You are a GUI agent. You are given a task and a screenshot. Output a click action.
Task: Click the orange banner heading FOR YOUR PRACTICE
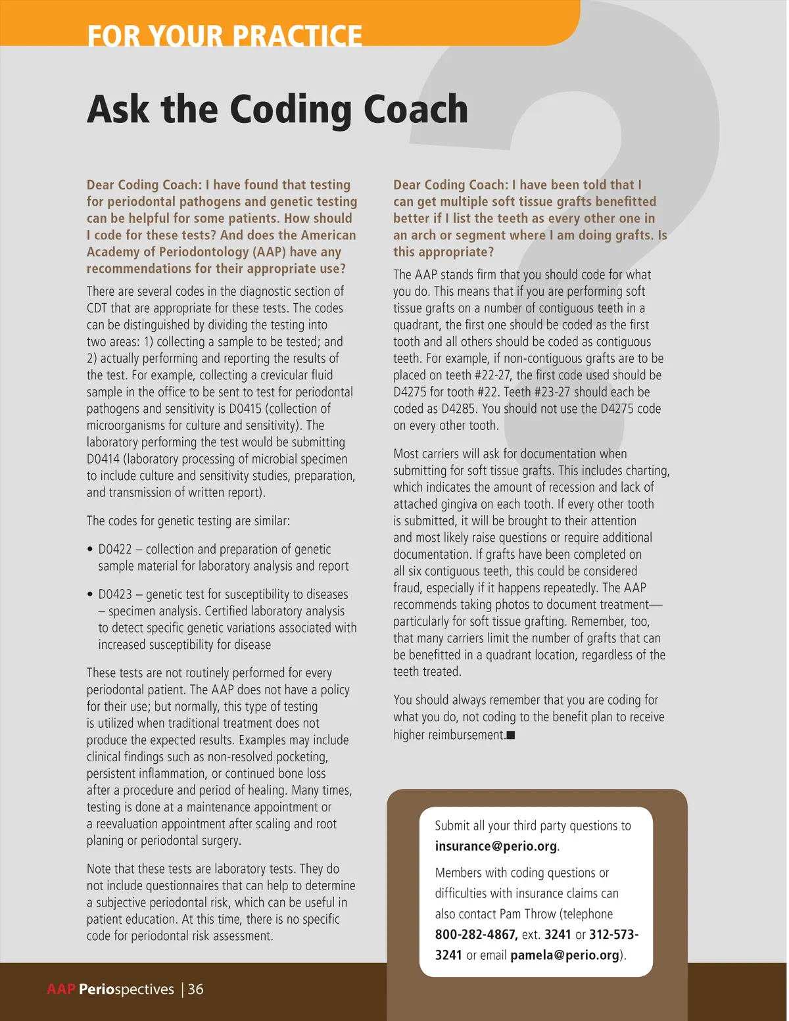[x=224, y=35]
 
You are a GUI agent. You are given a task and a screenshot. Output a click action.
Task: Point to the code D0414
[x=103, y=459]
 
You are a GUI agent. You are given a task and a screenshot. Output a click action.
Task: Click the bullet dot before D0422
[x=90, y=550]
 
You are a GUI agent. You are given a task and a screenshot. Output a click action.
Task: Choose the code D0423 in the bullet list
[x=115, y=594]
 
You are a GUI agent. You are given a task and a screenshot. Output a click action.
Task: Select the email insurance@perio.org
[x=496, y=846]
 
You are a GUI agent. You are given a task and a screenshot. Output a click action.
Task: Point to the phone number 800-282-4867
[x=476, y=934]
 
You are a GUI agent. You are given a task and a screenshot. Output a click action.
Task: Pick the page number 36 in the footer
[x=195, y=989]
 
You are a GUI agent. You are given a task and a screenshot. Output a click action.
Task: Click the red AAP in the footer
[x=61, y=989]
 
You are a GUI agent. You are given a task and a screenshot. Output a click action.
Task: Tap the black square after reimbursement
[x=511, y=735]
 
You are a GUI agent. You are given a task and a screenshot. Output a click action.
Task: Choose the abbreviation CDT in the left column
[x=97, y=308]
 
